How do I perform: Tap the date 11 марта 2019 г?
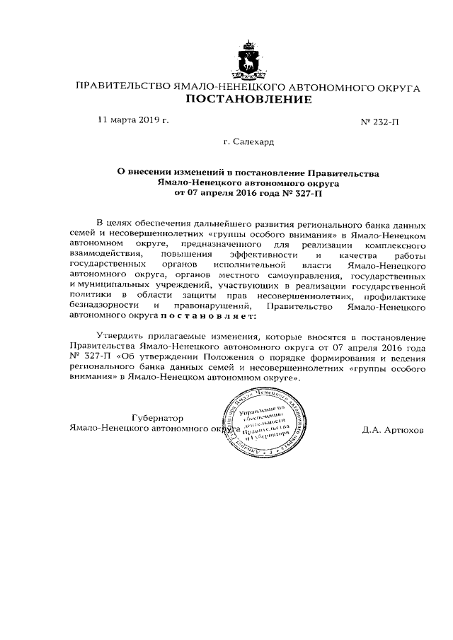point(134,120)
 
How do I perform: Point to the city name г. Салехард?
point(248,142)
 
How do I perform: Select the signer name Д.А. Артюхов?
point(392,429)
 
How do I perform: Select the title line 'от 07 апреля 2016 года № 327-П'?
point(248,192)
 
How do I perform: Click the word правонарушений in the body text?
point(217,306)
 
